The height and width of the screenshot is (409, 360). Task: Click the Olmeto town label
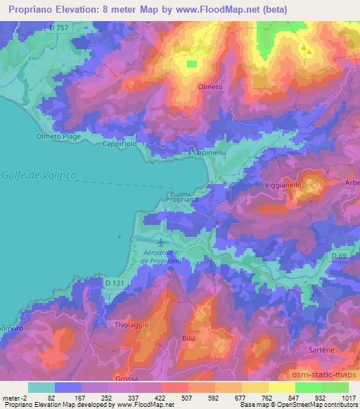210,88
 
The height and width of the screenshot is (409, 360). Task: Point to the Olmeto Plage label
59,136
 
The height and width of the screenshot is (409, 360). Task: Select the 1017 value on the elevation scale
347,397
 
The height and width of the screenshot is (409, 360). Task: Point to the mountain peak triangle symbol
304,50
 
